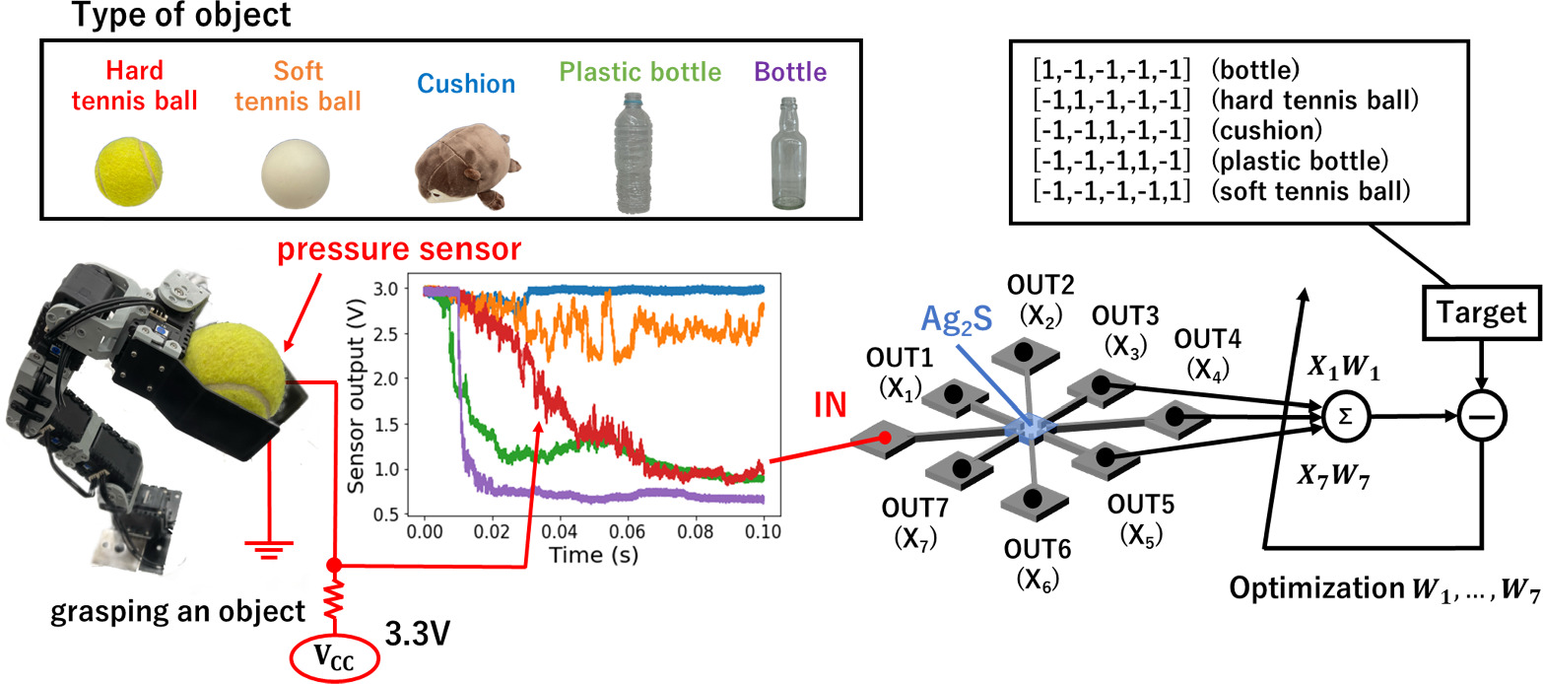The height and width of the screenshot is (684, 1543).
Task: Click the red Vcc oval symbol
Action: tap(335, 655)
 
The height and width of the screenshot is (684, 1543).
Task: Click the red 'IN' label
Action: tap(829, 404)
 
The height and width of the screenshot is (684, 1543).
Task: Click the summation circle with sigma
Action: tap(1339, 417)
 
